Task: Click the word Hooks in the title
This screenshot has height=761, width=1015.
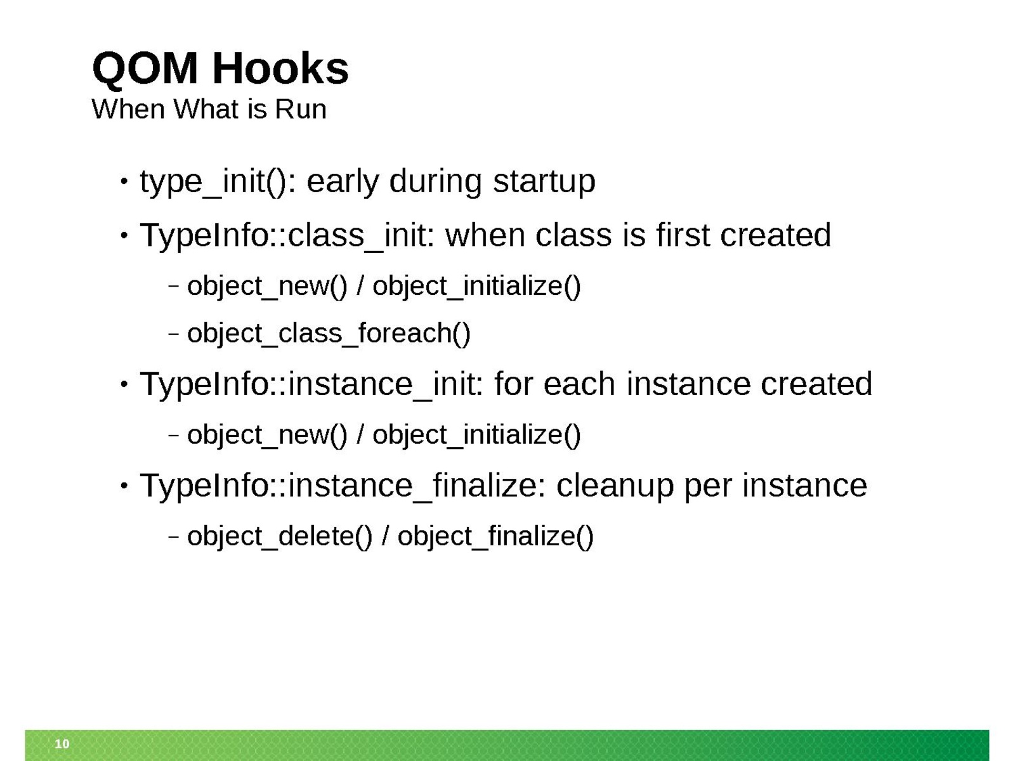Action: coord(280,68)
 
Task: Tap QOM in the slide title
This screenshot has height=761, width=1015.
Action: coord(145,69)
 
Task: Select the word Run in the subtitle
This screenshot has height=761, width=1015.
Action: coord(301,110)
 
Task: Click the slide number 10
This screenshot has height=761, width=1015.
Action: coord(62,743)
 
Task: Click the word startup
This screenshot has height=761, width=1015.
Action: coord(544,182)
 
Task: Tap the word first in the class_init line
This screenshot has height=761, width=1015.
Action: coord(683,235)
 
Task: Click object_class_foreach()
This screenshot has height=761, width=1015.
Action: coord(329,333)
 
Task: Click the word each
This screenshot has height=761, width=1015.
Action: coord(579,384)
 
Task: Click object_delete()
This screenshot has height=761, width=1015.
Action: coord(280,537)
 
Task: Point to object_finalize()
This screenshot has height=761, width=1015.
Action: coord(495,537)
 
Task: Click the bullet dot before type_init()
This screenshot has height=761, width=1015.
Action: coord(124,181)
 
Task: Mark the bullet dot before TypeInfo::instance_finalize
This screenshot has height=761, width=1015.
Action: coord(124,486)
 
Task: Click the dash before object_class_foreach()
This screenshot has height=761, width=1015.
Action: coord(174,333)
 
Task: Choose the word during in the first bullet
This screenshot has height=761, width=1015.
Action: coord(435,182)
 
